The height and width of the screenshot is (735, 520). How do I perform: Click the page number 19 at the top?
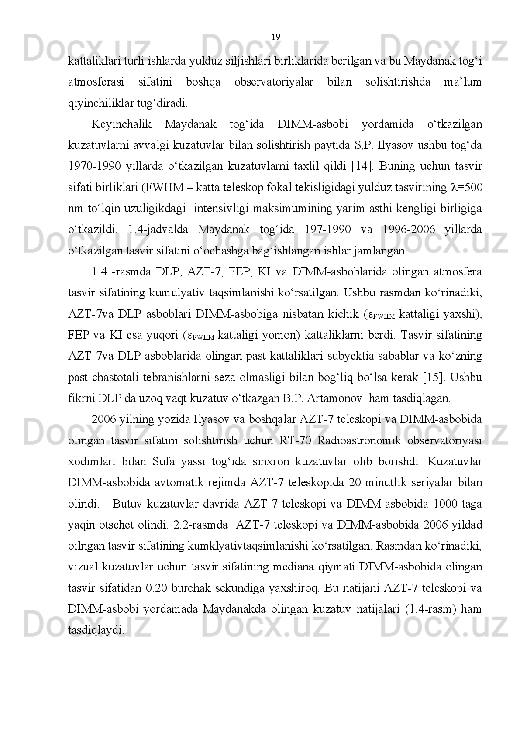(x=276, y=37)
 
